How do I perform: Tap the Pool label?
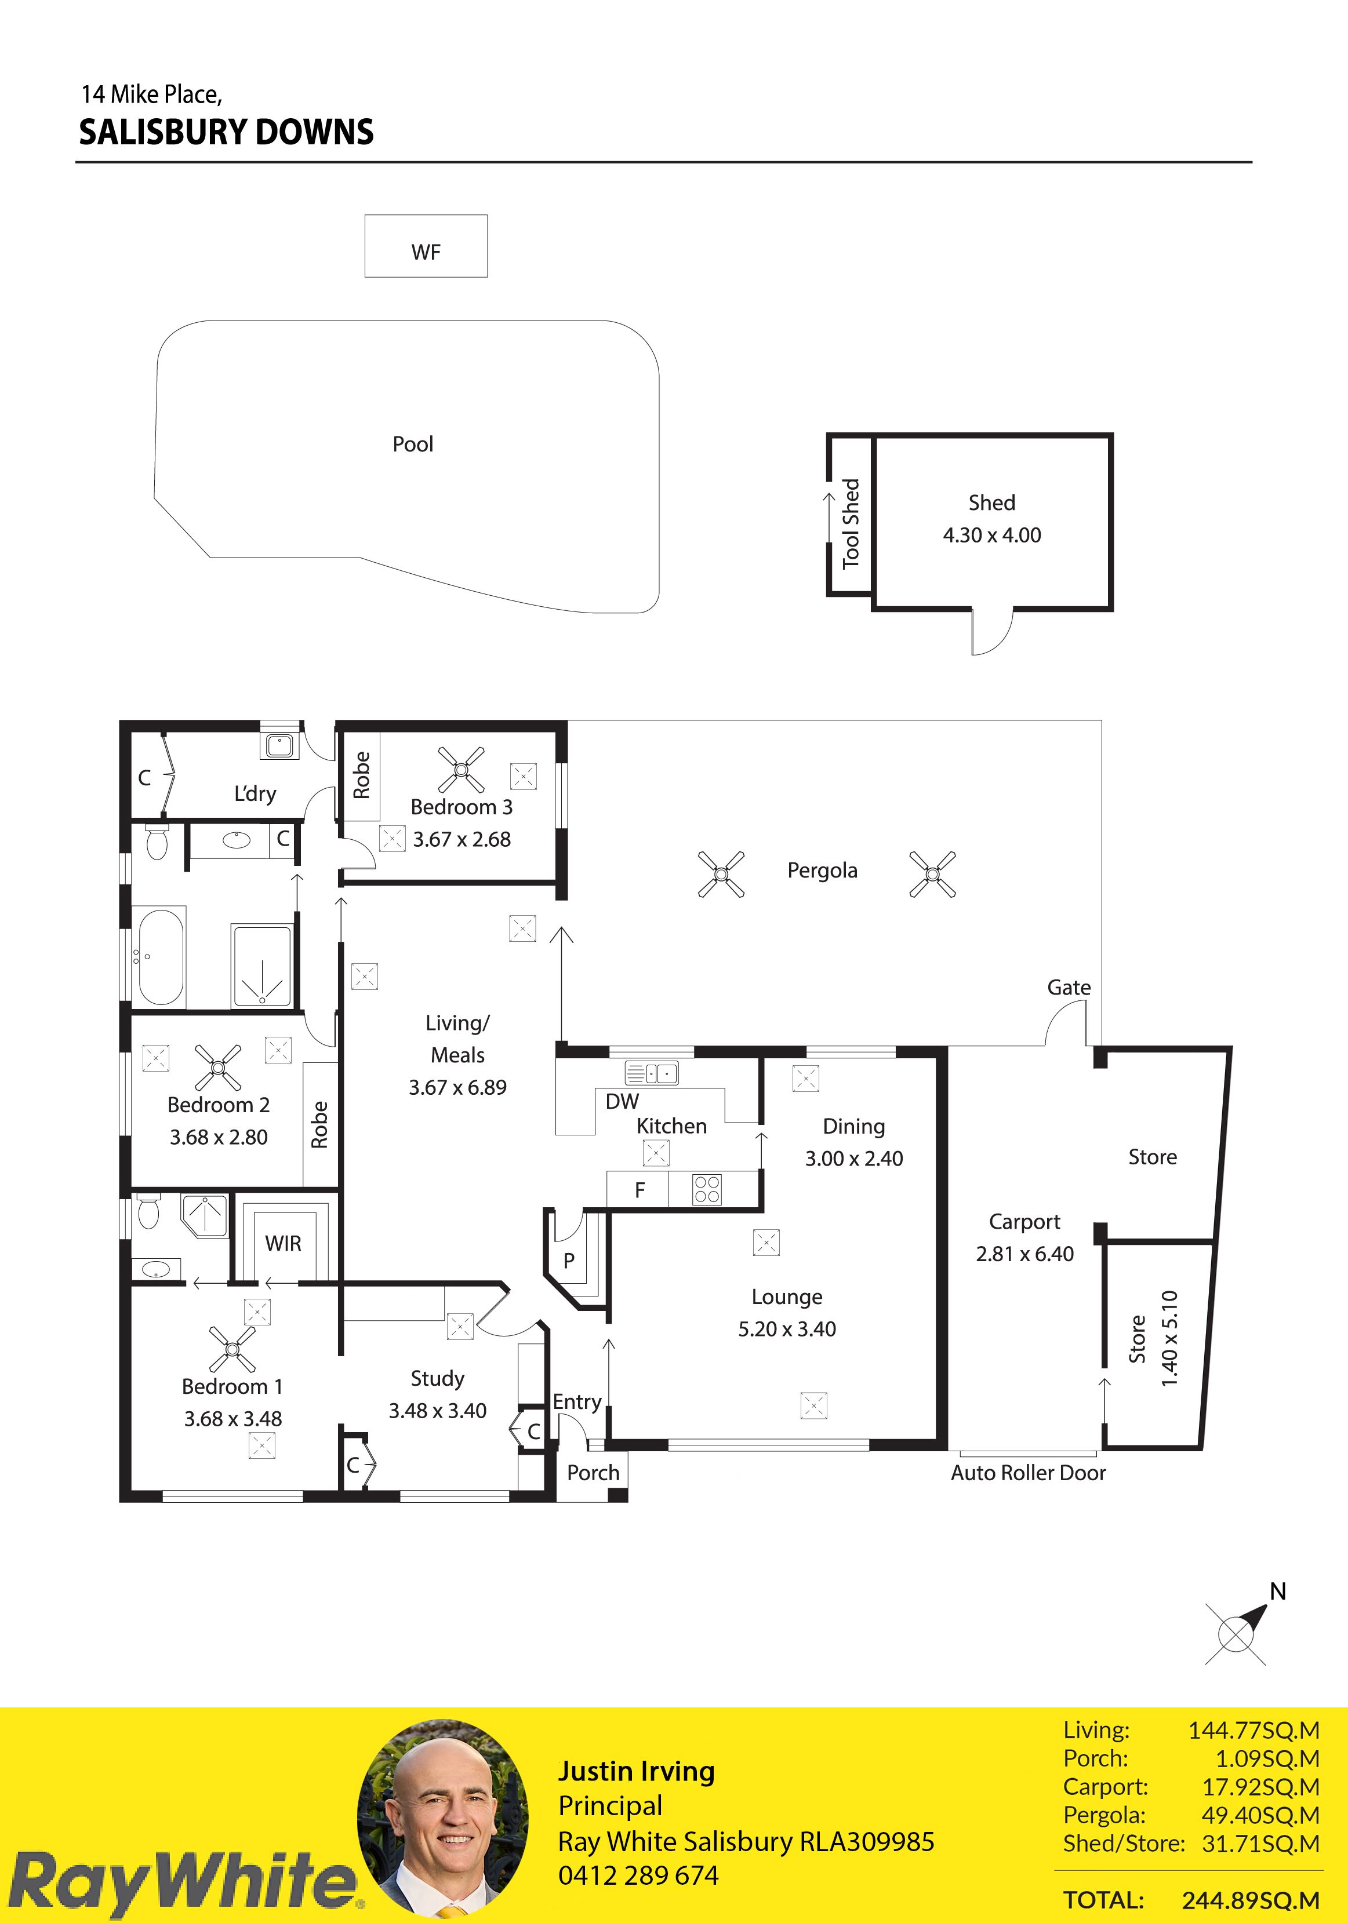point(413,444)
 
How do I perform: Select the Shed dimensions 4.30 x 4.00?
point(992,535)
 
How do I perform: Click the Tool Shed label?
point(851,523)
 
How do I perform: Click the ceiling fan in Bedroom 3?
point(461,770)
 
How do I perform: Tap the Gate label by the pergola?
point(1069,988)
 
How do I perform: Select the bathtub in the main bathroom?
point(161,956)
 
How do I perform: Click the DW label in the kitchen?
point(622,1101)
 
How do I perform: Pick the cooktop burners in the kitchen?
point(707,1189)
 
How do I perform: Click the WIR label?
point(283,1244)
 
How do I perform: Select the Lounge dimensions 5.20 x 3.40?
point(787,1329)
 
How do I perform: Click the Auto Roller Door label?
point(1028,1473)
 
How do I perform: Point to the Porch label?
point(593,1473)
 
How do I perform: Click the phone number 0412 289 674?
point(638,1876)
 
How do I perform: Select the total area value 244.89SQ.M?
point(1251,1901)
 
